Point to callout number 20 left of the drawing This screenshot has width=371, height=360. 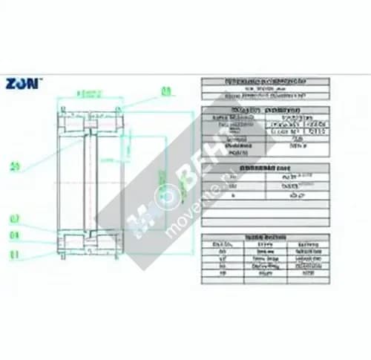coord(15,166)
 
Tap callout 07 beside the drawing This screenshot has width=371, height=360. coord(14,218)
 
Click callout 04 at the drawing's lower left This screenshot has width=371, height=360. coord(14,235)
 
